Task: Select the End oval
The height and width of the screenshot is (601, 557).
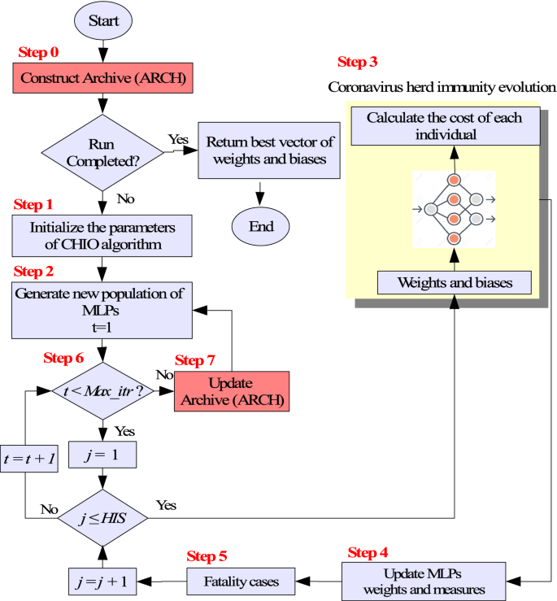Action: click(260, 226)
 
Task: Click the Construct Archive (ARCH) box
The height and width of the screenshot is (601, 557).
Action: click(101, 79)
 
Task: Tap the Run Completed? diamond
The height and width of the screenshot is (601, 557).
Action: click(102, 150)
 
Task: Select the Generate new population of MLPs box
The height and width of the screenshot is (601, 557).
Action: click(102, 309)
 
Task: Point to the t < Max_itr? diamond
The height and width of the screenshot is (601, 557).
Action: click(102, 391)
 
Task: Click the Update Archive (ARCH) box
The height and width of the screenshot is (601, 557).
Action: click(232, 392)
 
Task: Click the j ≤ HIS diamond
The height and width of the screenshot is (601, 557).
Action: click(102, 518)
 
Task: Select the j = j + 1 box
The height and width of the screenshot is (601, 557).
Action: click(102, 581)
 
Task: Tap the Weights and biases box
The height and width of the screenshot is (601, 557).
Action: click(455, 282)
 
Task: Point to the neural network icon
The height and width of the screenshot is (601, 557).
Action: click(453, 209)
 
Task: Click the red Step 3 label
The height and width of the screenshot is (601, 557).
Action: click(356, 62)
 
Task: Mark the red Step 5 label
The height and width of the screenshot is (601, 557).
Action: click(207, 556)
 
